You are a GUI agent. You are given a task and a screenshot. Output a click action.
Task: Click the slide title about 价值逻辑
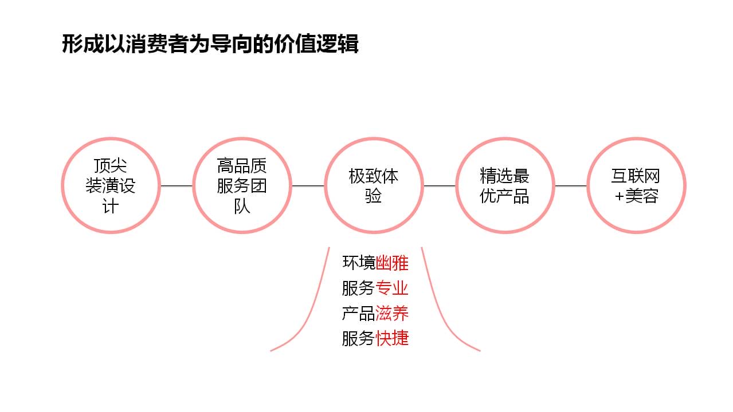point(210,44)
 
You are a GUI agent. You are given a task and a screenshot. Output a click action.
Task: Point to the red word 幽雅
point(392,263)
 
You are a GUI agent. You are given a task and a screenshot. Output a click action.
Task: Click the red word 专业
point(392,288)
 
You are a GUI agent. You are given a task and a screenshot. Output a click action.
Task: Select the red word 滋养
point(392,314)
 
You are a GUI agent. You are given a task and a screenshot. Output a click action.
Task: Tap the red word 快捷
point(392,338)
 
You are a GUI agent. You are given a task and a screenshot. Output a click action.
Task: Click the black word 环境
point(359,263)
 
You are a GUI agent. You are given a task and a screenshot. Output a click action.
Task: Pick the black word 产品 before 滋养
point(359,314)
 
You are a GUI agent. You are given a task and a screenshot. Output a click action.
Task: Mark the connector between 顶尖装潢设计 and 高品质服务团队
point(177,186)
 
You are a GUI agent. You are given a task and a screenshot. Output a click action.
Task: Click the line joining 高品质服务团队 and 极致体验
point(308,186)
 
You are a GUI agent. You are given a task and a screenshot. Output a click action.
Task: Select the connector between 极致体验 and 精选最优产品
point(440,186)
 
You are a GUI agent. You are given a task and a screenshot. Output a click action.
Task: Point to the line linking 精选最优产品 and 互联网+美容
point(571,186)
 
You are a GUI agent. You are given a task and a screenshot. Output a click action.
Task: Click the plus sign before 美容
point(619,197)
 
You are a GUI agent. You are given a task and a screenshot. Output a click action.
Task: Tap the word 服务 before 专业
point(359,288)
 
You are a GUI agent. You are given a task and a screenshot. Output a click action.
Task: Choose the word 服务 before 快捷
point(359,338)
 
